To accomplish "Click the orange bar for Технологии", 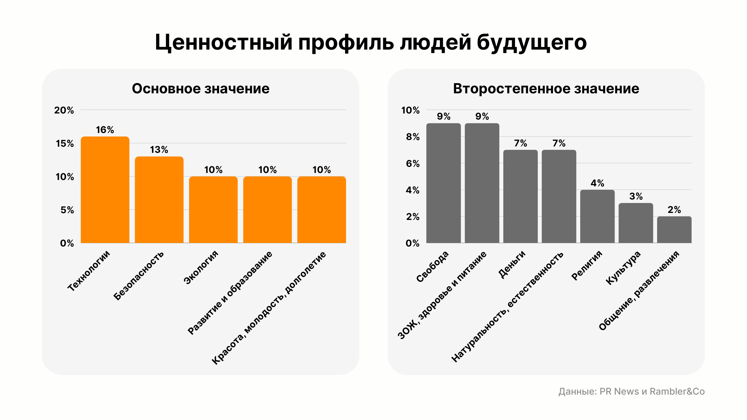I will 105,190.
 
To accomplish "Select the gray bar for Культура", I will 636,223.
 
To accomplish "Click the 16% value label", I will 105,130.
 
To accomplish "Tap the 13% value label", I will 159,150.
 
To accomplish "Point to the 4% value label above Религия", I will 597,183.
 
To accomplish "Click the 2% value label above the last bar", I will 674,210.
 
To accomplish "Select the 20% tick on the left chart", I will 64,110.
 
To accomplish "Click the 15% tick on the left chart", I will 65,143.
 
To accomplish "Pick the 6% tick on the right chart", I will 413,164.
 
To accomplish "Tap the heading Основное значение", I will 200,89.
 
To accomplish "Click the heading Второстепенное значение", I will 546,89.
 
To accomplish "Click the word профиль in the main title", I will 346,43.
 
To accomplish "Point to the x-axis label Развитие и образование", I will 230,293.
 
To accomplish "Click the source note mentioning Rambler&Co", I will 631,391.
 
